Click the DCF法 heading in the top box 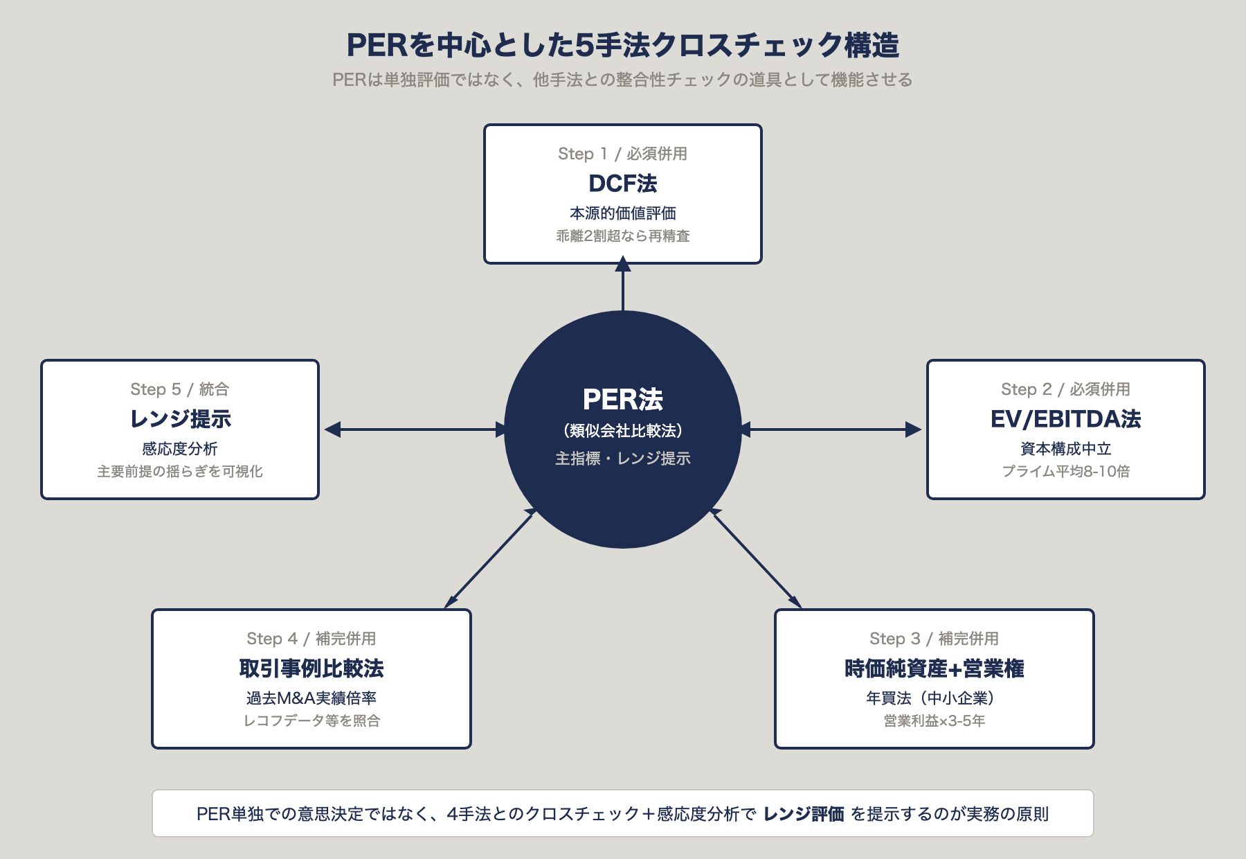click(622, 184)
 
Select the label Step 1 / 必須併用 click(622, 154)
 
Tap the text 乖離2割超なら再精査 click(622, 236)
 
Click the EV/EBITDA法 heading click(1065, 419)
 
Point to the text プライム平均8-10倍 click(1065, 472)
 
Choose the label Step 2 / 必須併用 click(1065, 389)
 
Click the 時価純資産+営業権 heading click(934, 668)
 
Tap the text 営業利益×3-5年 click(934, 721)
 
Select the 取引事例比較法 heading click(311, 668)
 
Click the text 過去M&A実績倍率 click(311, 698)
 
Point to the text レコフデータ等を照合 click(311, 721)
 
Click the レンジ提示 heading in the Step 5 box click(180, 419)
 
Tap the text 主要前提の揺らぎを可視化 click(180, 472)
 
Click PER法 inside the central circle click(622, 400)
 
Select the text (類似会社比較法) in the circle click(622, 431)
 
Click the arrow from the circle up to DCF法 click(622, 287)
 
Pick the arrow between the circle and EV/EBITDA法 click(831, 429)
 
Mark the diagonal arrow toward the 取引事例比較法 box click(490, 558)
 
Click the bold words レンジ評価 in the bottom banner click(803, 814)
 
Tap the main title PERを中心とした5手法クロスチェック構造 click(622, 46)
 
